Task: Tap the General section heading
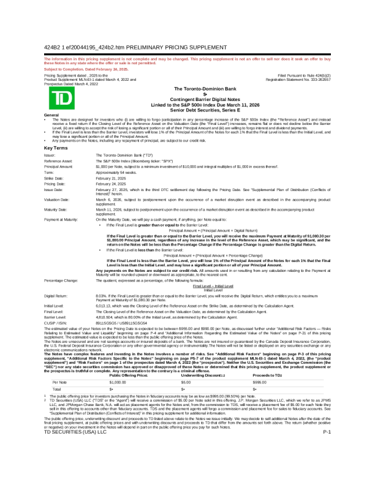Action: [x=52, y=115]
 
